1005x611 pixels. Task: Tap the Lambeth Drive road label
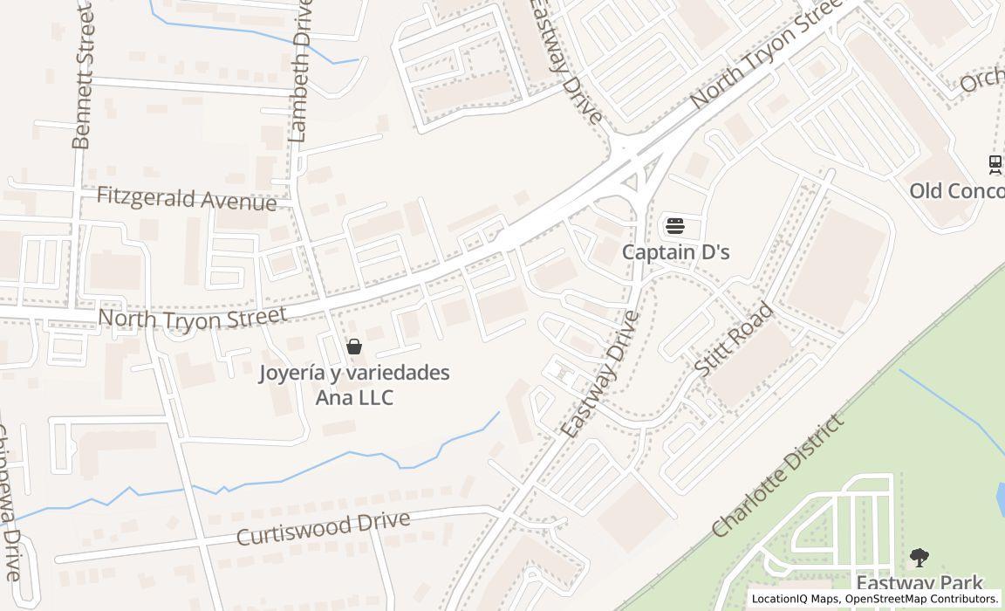[301, 72]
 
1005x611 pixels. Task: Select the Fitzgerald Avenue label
[186, 198]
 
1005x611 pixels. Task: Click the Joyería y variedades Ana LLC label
[354, 385]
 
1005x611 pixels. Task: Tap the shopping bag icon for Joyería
[354, 347]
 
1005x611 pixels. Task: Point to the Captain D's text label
[676, 252]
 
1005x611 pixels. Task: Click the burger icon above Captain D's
[674, 226]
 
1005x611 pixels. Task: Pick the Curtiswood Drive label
[323, 528]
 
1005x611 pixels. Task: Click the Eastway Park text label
[920, 583]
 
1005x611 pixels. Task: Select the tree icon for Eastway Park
[919, 557]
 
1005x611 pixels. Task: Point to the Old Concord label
[956, 190]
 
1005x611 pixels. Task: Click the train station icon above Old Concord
[995, 163]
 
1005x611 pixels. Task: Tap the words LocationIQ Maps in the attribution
[796, 599]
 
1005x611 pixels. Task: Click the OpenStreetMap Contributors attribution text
[922, 599]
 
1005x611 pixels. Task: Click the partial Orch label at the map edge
[982, 81]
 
